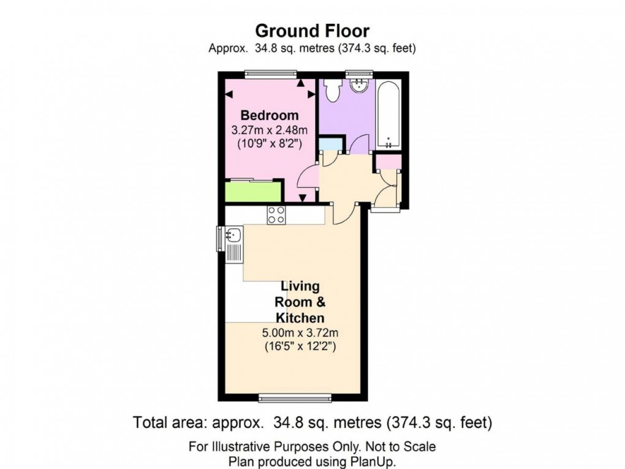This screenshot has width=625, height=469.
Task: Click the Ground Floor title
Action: pyautogui.click(x=312, y=30)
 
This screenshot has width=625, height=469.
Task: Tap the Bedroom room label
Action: pyautogui.click(x=270, y=115)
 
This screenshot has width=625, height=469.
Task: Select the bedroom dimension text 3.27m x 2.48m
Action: pyautogui.click(x=270, y=130)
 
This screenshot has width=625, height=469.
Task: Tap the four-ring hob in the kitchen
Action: pyautogui.click(x=276, y=215)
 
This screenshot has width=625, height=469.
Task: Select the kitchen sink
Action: pyautogui.click(x=233, y=234)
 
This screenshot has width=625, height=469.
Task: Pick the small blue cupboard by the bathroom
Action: pyautogui.click(x=331, y=145)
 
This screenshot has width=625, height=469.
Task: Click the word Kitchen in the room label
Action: pyautogui.click(x=300, y=318)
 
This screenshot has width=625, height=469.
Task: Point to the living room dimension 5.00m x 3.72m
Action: pyautogui.click(x=300, y=333)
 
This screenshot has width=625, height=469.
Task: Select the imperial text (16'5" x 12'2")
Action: pyautogui.click(x=300, y=346)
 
